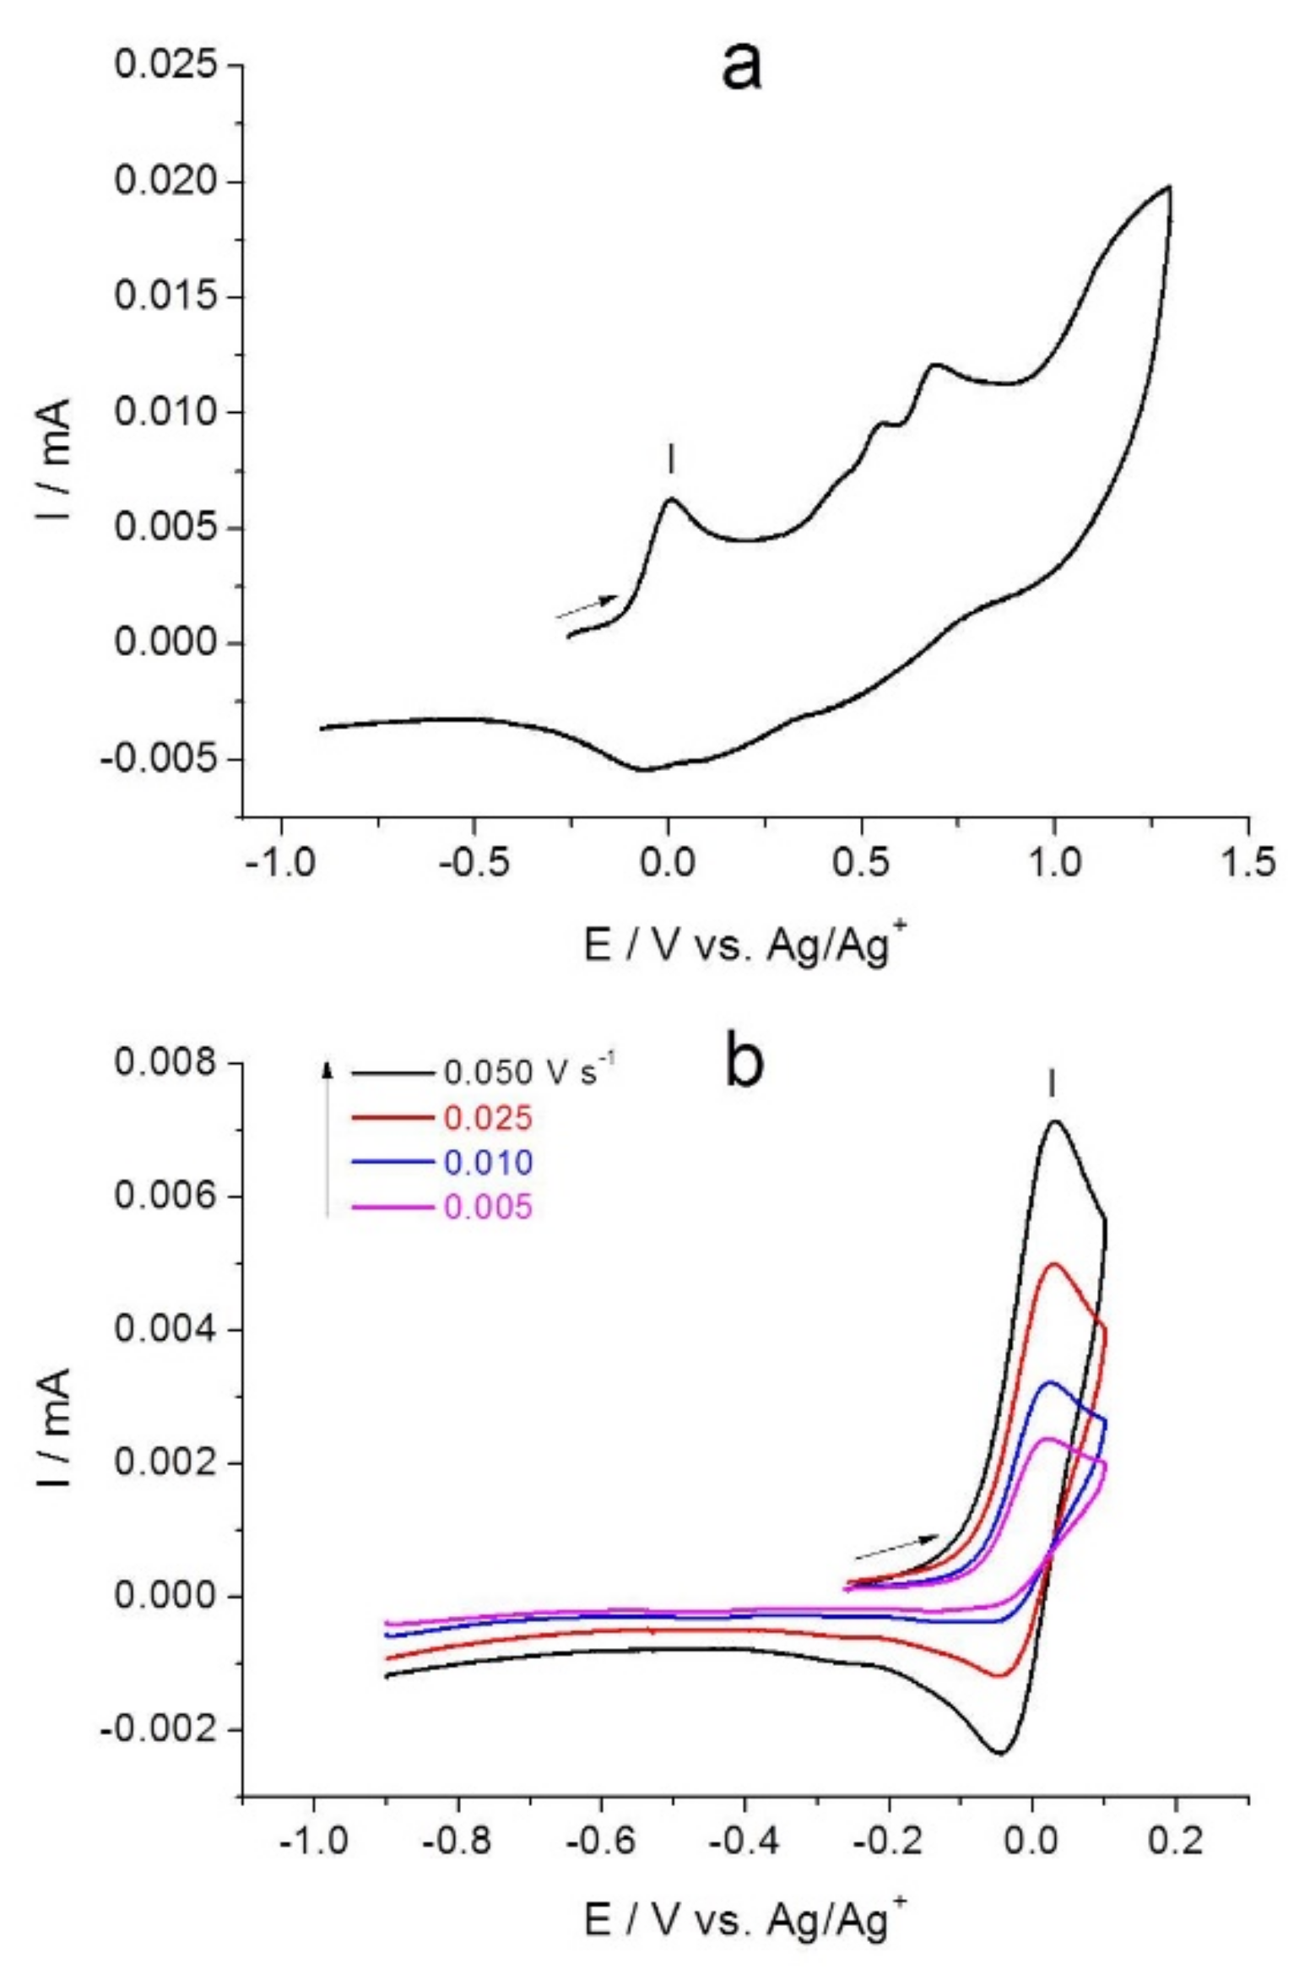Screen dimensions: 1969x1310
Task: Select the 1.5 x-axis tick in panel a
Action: tap(1248, 864)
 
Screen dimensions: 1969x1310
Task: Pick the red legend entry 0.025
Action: tap(488, 1118)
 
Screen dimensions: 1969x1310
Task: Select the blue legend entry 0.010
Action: tap(488, 1163)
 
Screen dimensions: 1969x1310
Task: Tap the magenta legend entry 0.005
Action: tap(488, 1207)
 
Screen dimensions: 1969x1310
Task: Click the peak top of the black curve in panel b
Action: tap(1054, 1121)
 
